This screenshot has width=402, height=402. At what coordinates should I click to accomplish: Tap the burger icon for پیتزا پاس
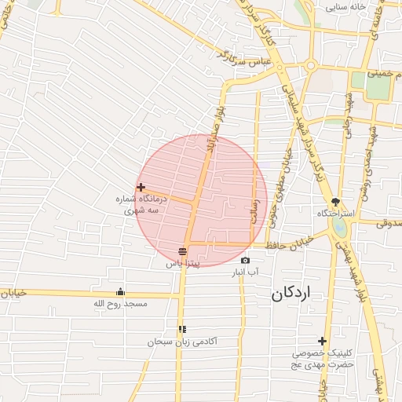[x=182, y=252]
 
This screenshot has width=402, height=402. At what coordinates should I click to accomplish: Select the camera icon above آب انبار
[x=245, y=261]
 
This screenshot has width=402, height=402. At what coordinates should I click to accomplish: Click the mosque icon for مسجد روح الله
[x=120, y=291]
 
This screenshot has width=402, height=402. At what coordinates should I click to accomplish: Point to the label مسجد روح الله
[x=120, y=303]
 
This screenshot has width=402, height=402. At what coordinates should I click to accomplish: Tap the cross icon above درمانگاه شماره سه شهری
[x=141, y=187]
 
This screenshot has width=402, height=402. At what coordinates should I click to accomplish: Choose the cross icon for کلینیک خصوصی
[x=322, y=341]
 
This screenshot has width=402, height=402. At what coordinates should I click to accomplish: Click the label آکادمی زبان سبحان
[x=182, y=342]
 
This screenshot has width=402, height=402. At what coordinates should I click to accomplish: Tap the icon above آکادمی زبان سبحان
[x=182, y=330]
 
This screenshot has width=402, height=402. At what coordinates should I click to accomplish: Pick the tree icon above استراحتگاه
[x=335, y=202]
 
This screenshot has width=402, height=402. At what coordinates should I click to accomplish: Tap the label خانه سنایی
[x=347, y=7]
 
